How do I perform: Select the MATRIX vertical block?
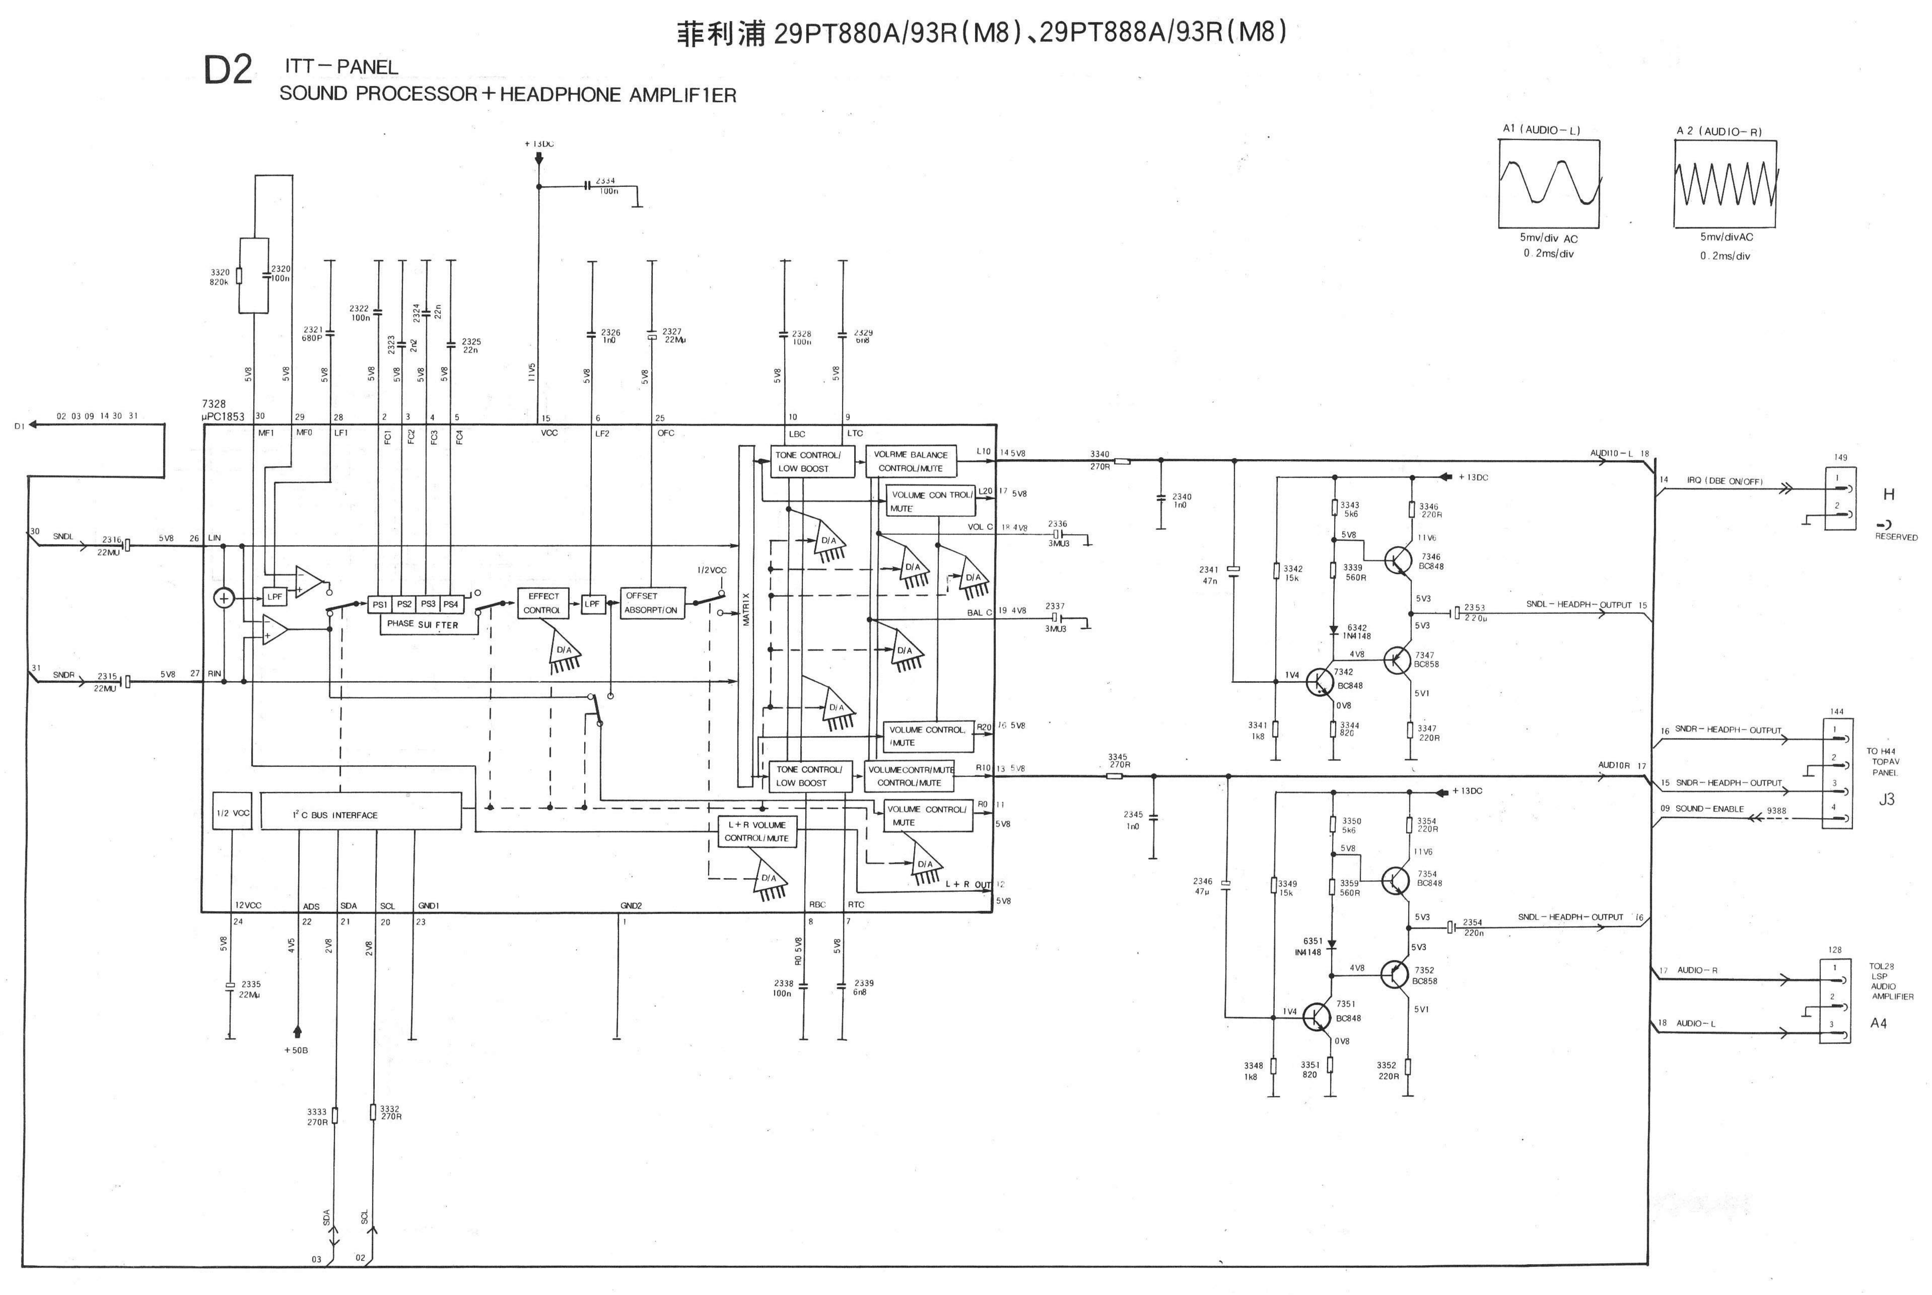[746, 615]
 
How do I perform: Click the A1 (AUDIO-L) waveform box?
[1549, 183]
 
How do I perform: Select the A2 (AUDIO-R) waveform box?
[1725, 183]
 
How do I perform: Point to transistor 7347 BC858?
[1398, 660]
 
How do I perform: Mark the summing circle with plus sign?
[224, 598]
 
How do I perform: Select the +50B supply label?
[296, 1050]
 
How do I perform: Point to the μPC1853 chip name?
[223, 416]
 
